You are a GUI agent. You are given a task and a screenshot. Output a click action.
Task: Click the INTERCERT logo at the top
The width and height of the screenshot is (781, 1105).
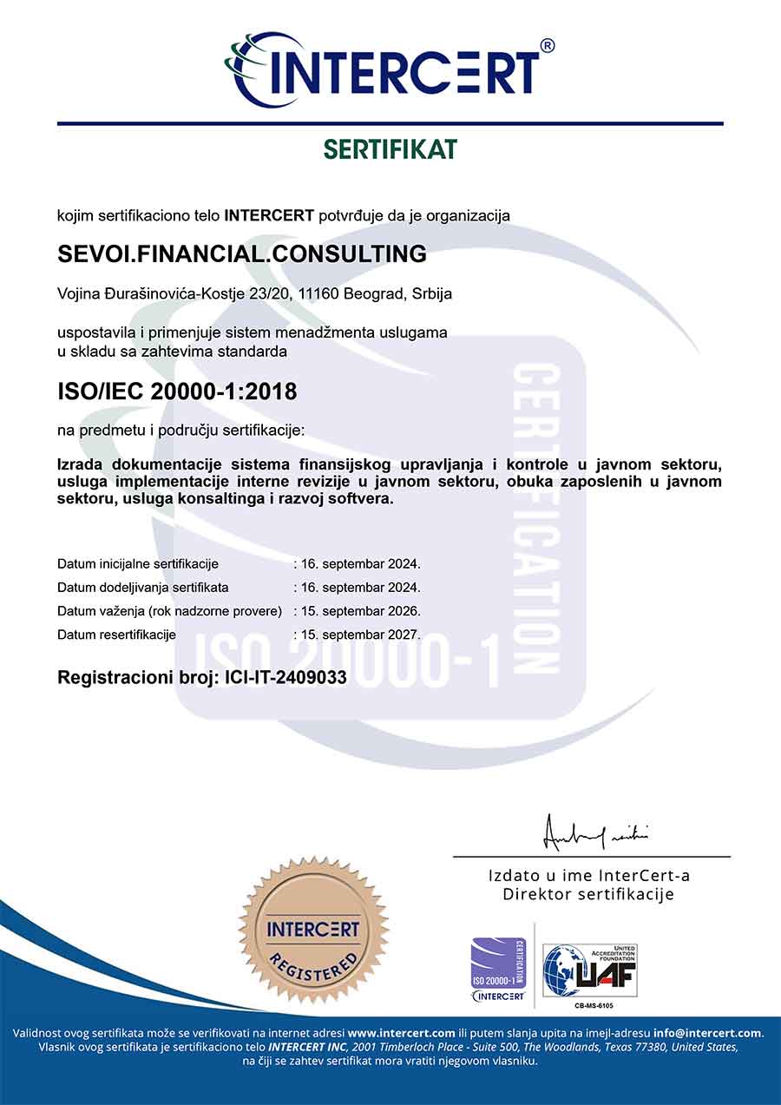(x=386, y=69)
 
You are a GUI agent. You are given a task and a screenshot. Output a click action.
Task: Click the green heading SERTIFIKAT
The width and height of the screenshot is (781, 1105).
(x=390, y=149)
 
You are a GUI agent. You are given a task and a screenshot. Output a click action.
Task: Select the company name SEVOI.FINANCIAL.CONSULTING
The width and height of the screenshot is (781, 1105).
(x=242, y=254)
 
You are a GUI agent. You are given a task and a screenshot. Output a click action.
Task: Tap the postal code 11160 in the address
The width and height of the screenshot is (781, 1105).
(x=318, y=294)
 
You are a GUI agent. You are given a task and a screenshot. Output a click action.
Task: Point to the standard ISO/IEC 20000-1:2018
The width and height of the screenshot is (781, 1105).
(x=177, y=391)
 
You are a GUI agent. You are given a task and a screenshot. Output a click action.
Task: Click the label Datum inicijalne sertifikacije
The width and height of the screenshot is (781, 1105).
(x=138, y=564)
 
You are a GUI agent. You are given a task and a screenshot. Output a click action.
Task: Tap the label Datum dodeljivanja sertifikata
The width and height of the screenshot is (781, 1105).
(x=143, y=588)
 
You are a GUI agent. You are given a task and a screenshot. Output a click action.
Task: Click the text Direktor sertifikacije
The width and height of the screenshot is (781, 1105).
(x=588, y=895)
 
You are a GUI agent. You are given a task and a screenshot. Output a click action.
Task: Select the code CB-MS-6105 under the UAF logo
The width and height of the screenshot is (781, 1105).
(x=594, y=1006)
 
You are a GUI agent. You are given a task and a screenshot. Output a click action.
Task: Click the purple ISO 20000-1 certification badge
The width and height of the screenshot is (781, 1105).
(x=499, y=969)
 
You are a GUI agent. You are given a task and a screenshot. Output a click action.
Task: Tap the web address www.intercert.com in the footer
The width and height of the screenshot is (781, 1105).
(x=401, y=1033)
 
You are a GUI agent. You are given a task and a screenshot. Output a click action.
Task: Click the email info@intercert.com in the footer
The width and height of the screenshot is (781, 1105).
(x=708, y=1033)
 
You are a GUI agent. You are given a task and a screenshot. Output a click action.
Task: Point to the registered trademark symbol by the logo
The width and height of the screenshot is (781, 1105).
(x=547, y=45)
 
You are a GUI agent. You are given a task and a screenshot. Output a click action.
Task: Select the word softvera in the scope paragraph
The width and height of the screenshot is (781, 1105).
(x=361, y=499)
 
